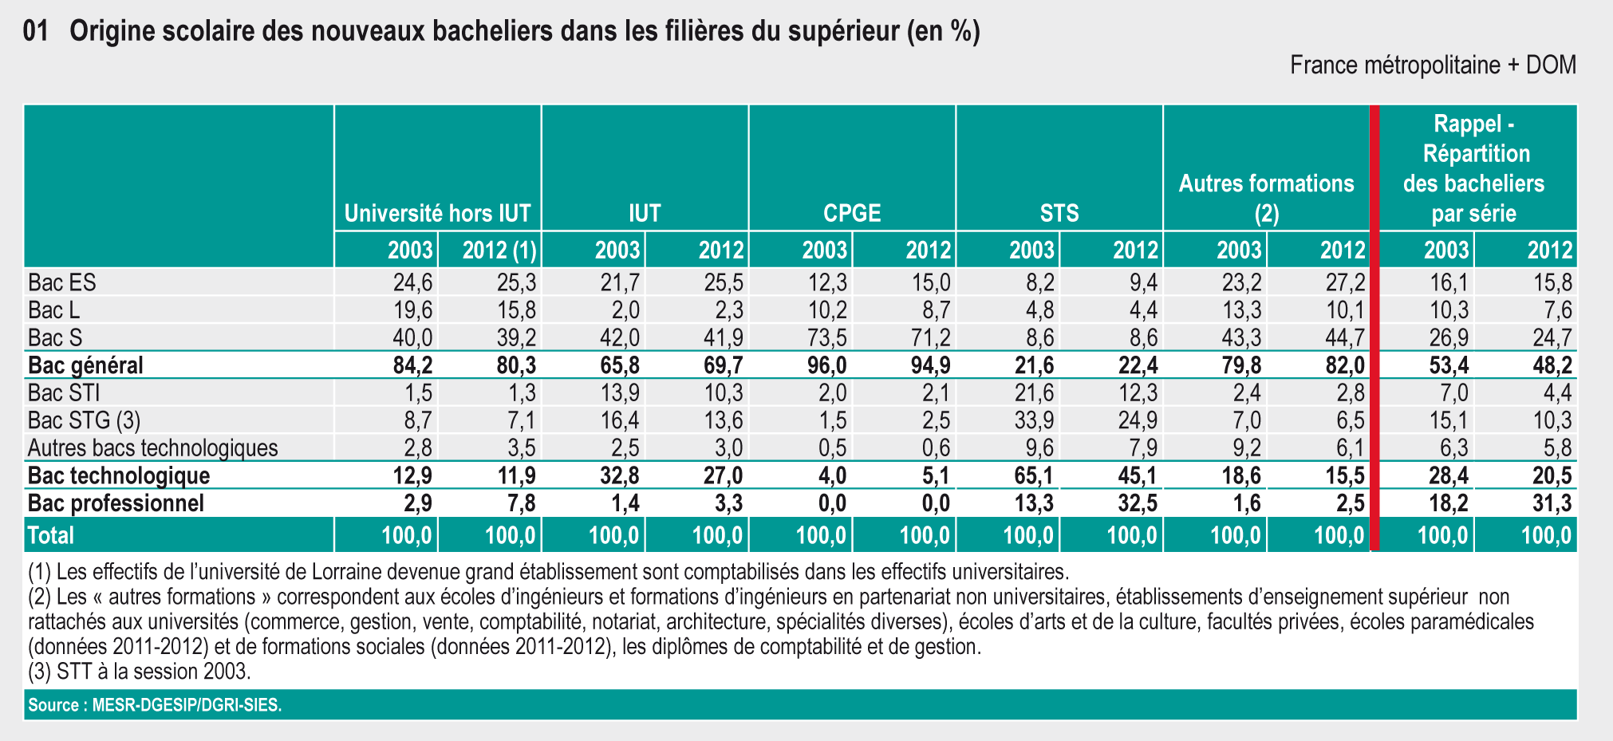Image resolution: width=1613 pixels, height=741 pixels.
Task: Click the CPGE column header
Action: pos(852,213)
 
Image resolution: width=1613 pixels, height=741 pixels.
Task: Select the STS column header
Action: pos(1059,213)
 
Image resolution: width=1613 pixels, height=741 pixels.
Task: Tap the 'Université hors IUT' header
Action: pos(437,213)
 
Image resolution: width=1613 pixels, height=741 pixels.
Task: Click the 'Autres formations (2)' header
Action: pos(1266,198)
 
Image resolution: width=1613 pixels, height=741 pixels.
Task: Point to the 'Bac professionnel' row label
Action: pos(116,503)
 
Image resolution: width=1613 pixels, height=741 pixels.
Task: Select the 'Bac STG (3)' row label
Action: pos(84,420)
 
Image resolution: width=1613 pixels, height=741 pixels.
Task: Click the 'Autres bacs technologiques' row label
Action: pos(152,447)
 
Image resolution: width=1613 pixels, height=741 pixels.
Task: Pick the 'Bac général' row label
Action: pos(85,365)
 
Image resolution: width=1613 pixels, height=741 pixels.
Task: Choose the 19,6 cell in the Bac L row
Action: pos(412,309)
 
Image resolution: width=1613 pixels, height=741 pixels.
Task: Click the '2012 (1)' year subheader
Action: pos(499,250)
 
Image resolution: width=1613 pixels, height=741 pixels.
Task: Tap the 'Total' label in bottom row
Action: pos(50,535)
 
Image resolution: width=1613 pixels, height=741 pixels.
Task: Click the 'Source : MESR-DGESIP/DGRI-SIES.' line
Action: pos(155,705)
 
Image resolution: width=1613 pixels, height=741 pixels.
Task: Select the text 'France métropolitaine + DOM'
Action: pos(1433,65)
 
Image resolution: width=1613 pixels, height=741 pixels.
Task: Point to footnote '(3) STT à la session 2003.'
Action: pos(139,672)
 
